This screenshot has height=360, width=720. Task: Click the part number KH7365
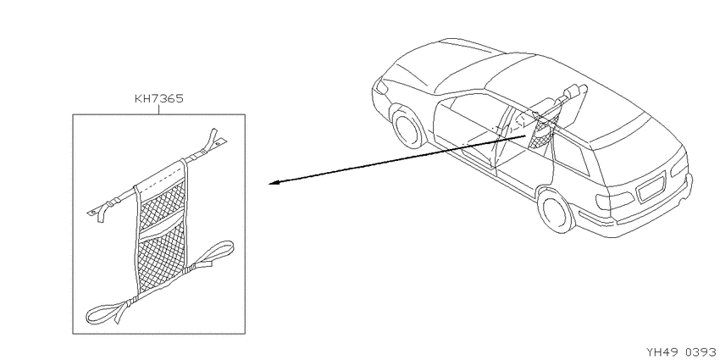(158, 99)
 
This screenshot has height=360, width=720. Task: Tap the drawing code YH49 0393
(683, 352)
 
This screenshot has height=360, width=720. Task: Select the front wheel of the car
(407, 126)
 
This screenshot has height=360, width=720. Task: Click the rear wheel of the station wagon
(556, 210)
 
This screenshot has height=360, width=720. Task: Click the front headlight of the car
(381, 86)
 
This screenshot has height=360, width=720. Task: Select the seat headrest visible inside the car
(574, 91)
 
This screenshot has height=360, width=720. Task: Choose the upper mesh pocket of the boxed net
(163, 203)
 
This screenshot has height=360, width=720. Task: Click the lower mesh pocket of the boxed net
(162, 259)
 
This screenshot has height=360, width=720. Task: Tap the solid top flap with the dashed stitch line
(161, 176)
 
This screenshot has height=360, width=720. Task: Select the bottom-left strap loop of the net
(108, 312)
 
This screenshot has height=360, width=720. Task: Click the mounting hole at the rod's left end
(93, 212)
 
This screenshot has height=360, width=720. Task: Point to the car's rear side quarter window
(571, 155)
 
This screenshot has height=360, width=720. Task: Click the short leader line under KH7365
(158, 109)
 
